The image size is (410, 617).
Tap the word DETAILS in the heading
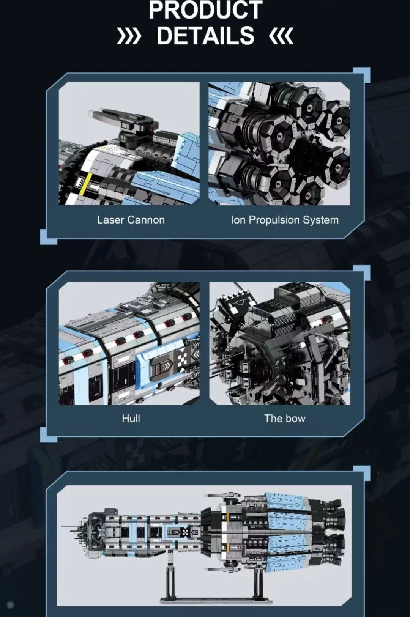coord(205,35)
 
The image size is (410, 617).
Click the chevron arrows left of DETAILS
coord(129,36)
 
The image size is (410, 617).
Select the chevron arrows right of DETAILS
coord(281,36)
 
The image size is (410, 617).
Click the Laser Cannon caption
coord(131,220)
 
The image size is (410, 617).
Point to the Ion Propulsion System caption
coord(285,220)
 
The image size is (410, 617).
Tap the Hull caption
coord(131,419)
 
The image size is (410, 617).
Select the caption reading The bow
coord(285,419)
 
